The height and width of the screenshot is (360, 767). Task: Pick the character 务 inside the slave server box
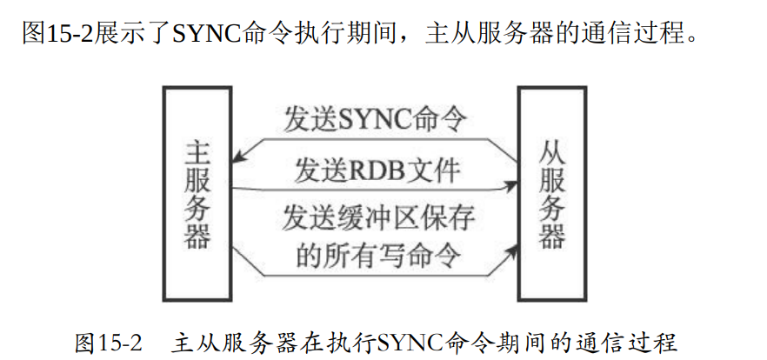coord(552,209)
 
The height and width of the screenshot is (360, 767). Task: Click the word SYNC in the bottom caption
coord(408,342)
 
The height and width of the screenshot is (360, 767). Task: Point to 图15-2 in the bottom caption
coord(108,342)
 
